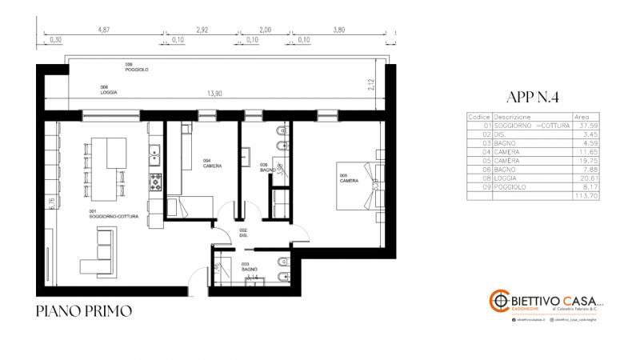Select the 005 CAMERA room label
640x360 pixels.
pos(349,178)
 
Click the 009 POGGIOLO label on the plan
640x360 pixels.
pos(136,67)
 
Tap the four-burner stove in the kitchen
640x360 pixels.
pos(151,182)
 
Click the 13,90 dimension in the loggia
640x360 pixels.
pos(214,94)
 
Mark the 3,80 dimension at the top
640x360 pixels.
pos(338,30)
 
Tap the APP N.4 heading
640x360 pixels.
pos(532,98)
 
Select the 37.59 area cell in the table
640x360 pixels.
pos(588,125)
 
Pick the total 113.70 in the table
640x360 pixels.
pos(586,194)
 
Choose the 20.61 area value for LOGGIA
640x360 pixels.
pos(588,179)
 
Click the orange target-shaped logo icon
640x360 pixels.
pos(500,302)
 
